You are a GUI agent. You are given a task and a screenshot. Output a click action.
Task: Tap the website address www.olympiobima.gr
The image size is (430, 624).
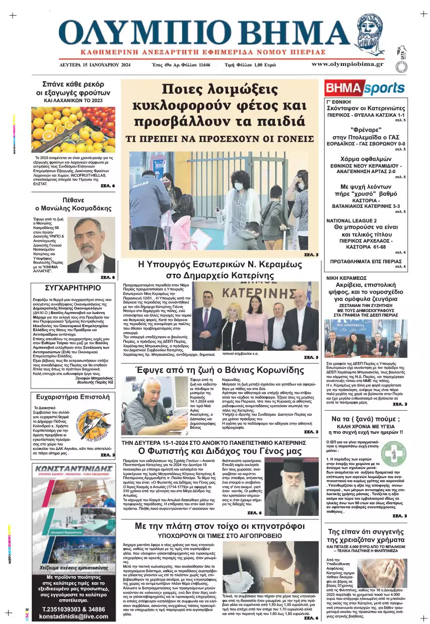pyautogui.click(x=347, y=64)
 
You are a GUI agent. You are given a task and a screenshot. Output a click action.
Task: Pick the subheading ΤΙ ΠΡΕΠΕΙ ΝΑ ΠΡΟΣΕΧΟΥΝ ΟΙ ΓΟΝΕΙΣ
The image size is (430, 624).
pyautogui.click(x=219, y=137)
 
